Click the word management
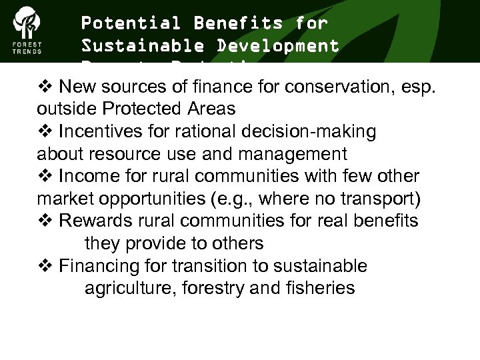287,154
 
